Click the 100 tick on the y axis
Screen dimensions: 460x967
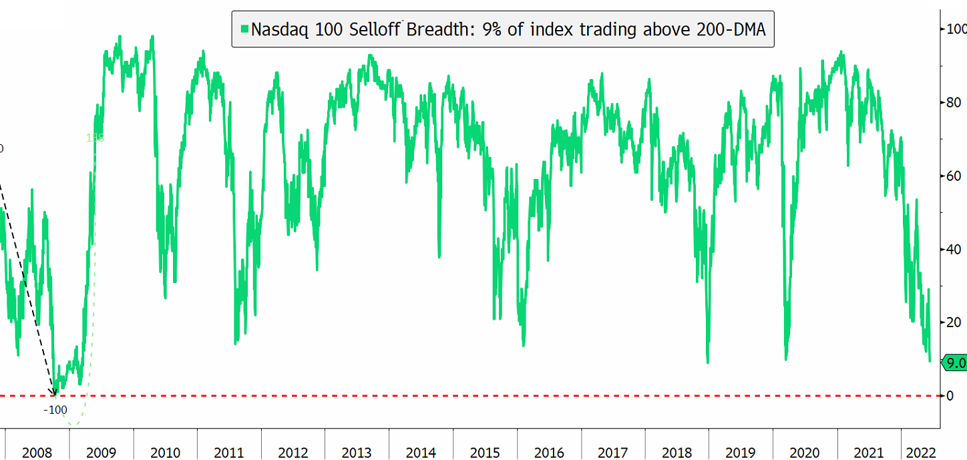(x=954, y=29)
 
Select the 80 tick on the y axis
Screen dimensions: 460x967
(x=951, y=102)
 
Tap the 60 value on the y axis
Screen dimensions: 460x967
(x=951, y=176)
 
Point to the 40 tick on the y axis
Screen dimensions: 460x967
(x=951, y=249)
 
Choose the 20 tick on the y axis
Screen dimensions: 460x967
(x=951, y=322)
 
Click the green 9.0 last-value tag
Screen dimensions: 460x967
(x=954, y=363)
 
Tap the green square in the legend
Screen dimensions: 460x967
(x=245, y=29)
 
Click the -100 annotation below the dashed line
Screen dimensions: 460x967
(x=56, y=409)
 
